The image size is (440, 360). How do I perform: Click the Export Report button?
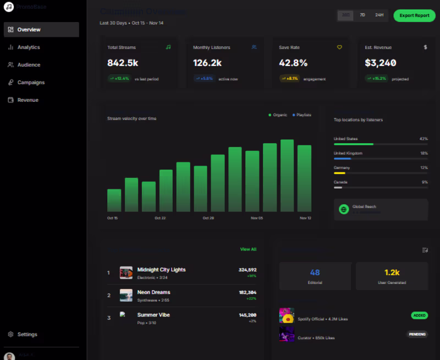point(414,15)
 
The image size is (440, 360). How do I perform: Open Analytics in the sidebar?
point(29,47)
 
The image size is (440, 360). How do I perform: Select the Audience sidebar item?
point(29,65)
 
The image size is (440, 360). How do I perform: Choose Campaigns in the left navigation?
point(31,83)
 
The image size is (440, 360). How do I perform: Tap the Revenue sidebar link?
point(28,100)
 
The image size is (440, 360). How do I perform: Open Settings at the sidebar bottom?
point(27,334)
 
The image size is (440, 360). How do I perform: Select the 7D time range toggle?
point(362,15)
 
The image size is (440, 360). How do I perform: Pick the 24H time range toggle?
point(380,15)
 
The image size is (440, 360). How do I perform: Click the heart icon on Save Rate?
point(339,47)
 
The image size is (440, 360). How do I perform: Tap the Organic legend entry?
point(278,115)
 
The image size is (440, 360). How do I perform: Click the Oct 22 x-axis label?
point(160,218)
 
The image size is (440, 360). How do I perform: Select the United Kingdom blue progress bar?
point(342,159)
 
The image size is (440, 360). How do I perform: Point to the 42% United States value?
point(423,139)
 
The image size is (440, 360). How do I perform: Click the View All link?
point(248,249)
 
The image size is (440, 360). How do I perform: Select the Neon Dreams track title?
point(153,292)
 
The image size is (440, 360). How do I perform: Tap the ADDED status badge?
point(419,315)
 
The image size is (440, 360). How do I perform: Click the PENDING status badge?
point(417,334)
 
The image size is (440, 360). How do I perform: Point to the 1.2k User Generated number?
point(392,272)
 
